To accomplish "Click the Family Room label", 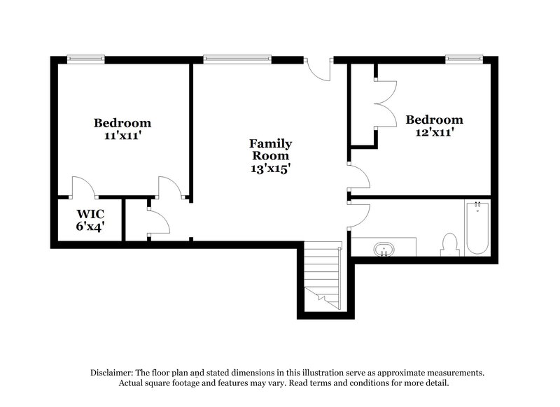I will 270,149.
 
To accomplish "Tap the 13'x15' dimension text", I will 270,168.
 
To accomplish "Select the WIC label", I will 90,213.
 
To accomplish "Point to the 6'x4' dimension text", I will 90,226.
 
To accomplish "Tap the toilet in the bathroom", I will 449,244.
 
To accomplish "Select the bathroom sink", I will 383,248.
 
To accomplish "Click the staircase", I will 323,276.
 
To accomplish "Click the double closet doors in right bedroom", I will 385,103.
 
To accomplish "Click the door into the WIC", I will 83,187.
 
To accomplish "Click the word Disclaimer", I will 113,373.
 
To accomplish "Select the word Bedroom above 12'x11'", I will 434,120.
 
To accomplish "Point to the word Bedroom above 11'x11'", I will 122,123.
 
